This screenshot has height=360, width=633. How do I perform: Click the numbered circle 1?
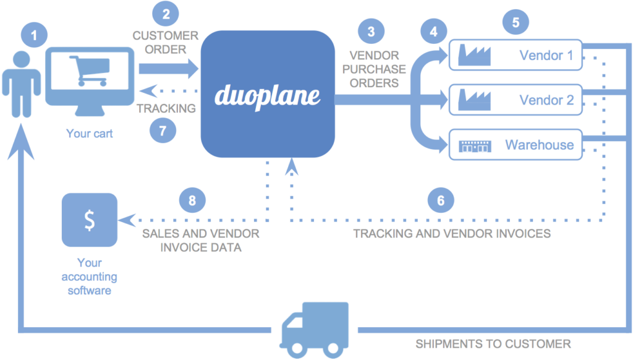pos(33,35)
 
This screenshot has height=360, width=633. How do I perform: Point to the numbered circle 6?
pos(440,200)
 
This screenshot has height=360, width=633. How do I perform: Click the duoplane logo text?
pos(268,95)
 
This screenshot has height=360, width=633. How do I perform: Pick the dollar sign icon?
pos(90,220)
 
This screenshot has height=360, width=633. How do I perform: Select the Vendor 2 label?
pos(546,100)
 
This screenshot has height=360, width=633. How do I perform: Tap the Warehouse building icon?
pos(475,146)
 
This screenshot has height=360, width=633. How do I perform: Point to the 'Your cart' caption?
pos(89,133)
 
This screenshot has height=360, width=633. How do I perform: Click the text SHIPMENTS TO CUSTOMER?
pos(493,344)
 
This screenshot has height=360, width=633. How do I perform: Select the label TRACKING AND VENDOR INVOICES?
pos(451,234)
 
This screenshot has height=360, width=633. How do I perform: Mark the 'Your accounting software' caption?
pos(89,276)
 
